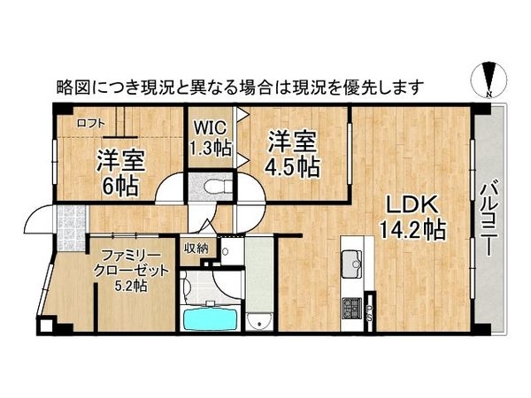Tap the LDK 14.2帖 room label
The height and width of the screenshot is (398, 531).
413,216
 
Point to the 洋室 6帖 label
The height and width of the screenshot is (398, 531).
119,170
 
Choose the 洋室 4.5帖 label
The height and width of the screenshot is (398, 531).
292,151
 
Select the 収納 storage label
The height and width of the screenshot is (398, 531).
196,249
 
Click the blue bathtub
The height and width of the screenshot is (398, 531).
209,318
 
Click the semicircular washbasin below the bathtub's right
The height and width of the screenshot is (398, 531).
259,319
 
